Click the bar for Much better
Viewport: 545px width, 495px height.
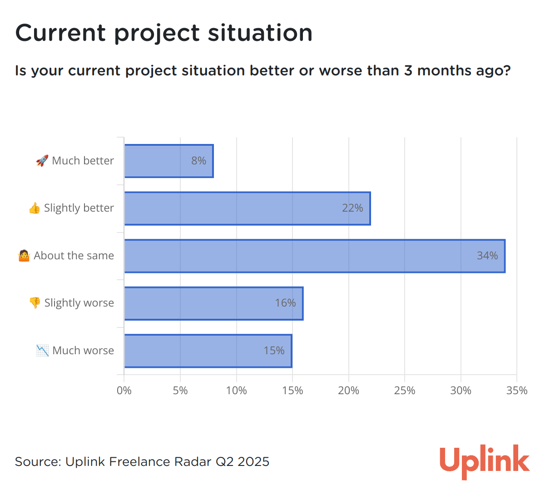click(168, 161)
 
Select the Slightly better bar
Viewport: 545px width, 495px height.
click(247, 208)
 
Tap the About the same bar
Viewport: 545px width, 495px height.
click(315, 256)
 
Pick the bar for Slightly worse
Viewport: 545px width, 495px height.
click(213, 303)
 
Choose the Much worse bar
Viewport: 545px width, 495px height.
click(208, 351)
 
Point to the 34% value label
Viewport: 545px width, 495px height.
click(487, 256)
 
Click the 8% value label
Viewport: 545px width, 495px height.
click(198, 161)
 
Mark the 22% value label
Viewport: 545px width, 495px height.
click(352, 208)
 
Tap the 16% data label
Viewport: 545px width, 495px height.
click(285, 303)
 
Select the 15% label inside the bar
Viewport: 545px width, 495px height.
click(274, 351)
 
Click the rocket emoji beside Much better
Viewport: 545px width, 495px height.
click(42, 161)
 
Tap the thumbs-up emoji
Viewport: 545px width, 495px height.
click(35, 208)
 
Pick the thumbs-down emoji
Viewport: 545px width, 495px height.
click(35, 303)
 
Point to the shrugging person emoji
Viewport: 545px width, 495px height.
click(24, 256)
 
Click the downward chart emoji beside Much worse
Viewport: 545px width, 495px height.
click(43, 351)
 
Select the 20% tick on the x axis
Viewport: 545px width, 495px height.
click(348, 391)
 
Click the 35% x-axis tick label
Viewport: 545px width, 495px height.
click(517, 391)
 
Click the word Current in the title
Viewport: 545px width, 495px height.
click(60, 33)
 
